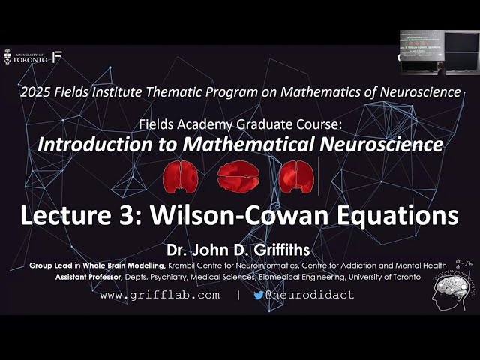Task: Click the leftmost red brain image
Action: (180, 177)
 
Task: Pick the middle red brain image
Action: (238, 177)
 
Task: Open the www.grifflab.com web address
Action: (160, 295)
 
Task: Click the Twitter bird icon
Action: (259, 295)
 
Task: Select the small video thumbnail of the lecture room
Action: (438, 52)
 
